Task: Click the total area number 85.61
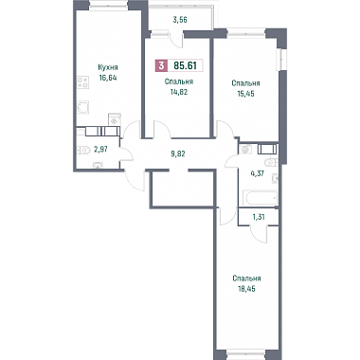coord(186,65)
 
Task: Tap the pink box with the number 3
coord(161,66)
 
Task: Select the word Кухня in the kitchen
coord(108,67)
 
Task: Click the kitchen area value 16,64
coord(108,78)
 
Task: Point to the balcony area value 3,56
coord(180,20)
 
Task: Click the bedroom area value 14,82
coord(178,92)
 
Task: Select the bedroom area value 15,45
coord(245,94)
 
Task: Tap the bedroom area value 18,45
coord(246,289)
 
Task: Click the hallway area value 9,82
coord(177,154)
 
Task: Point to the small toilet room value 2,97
coord(101,150)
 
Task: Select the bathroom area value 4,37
coord(257,173)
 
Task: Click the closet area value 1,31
coord(259,217)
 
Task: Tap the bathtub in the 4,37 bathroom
coord(260,198)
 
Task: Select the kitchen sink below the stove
coord(83,107)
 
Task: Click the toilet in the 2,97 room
coord(82,150)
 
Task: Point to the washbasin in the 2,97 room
coord(98,165)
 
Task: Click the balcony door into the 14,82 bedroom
coord(176,40)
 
